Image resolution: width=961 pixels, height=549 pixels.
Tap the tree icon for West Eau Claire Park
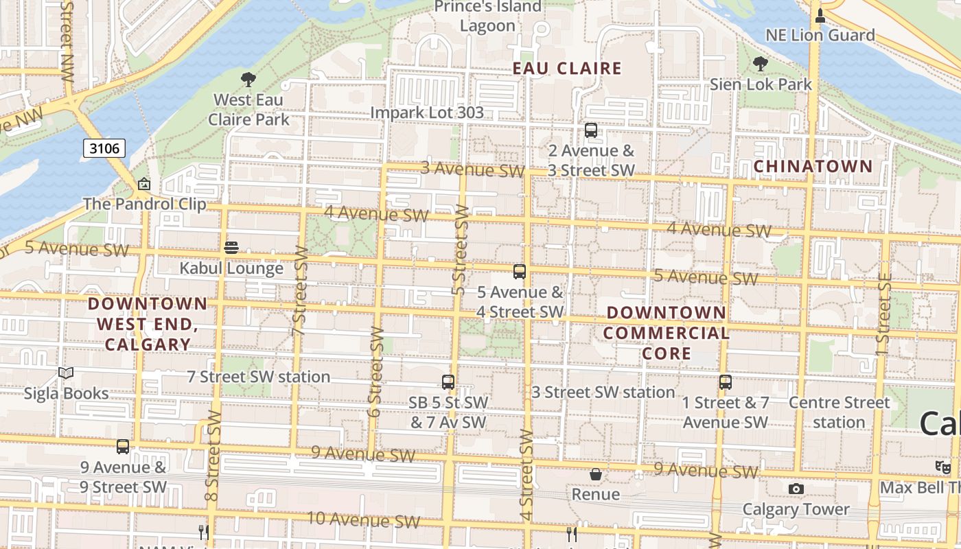click(248, 80)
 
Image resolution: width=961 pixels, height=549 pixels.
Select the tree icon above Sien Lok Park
click(760, 64)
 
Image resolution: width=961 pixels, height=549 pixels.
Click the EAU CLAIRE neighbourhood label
click(568, 68)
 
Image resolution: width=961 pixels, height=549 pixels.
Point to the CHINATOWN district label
click(813, 166)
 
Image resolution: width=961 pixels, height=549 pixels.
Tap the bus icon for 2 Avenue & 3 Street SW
click(591, 130)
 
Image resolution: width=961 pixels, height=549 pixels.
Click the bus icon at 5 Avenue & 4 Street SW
click(520, 272)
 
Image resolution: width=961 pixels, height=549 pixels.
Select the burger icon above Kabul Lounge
click(231, 248)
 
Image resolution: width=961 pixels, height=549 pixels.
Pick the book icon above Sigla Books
click(66, 373)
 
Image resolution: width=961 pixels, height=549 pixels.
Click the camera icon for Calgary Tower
click(796, 489)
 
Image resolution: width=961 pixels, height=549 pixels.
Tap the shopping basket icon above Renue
click(595, 474)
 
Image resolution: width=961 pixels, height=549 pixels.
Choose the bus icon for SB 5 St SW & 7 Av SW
click(448, 382)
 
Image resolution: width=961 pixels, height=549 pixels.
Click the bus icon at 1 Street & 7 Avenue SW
click(726, 382)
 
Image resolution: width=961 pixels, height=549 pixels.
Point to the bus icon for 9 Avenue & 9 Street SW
click(123, 447)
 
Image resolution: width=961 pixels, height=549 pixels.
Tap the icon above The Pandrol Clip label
click(144, 184)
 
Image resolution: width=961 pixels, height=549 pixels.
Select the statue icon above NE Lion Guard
click(820, 15)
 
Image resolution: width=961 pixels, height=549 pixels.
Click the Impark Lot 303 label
click(427, 113)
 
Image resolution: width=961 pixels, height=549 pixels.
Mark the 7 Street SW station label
click(259, 377)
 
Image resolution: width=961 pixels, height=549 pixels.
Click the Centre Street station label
click(839, 412)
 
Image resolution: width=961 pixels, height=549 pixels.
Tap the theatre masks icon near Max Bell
click(943, 467)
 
